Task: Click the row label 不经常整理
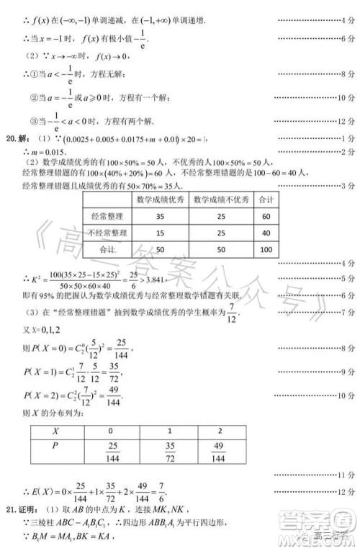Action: pyautogui.click(x=107, y=233)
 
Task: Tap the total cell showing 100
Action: pyautogui.click(x=266, y=249)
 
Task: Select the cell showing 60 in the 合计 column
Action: pyautogui.click(x=266, y=216)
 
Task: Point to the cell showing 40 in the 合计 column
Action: pyautogui.click(x=266, y=233)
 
